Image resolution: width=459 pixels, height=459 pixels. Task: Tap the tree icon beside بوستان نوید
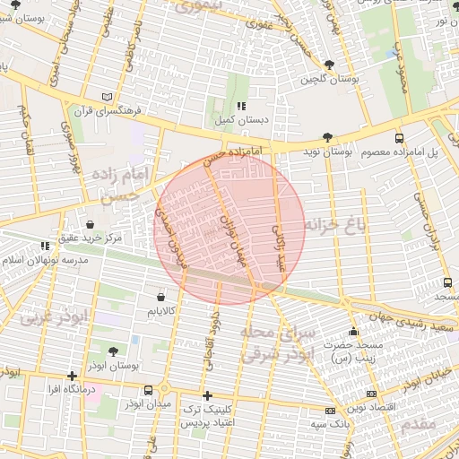[327, 137]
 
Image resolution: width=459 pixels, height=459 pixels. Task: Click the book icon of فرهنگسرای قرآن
[108, 97]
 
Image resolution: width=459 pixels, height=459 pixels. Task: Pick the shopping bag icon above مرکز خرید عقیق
[90, 224]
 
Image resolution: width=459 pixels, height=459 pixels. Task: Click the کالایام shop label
[161, 311]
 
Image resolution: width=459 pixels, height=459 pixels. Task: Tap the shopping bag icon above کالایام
[160, 297]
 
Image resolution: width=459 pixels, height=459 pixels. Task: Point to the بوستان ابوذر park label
[112, 366]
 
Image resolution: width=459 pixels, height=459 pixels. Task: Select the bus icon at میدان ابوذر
[148, 390]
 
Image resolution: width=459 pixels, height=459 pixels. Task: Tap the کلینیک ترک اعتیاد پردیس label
[208, 415]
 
